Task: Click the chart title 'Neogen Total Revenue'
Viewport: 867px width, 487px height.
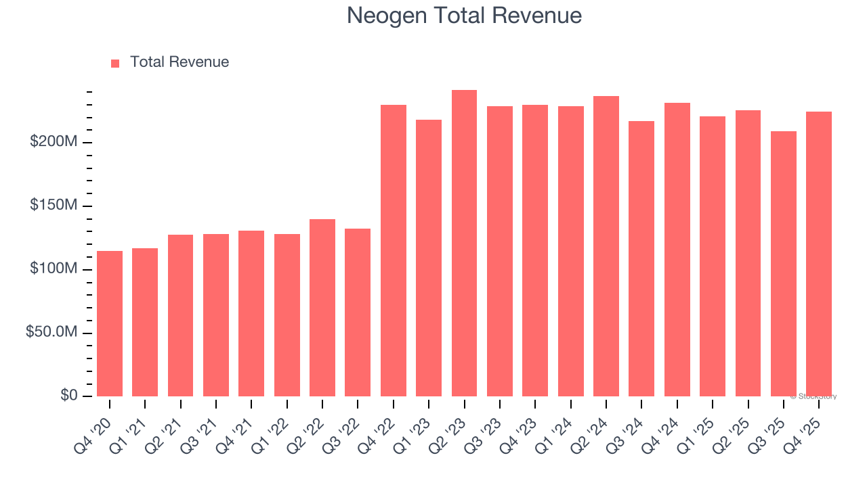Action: [464, 16]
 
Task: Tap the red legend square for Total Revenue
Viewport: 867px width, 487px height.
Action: [115, 63]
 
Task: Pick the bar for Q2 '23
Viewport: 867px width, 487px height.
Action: [464, 243]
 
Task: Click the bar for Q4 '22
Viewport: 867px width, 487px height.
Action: [394, 250]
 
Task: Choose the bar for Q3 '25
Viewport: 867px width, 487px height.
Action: [783, 264]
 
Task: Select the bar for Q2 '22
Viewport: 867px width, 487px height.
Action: [322, 308]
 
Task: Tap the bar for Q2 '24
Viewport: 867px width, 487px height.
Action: [606, 246]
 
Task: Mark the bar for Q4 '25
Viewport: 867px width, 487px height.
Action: [818, 254]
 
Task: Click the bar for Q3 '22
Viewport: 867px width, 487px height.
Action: [358, 312]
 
